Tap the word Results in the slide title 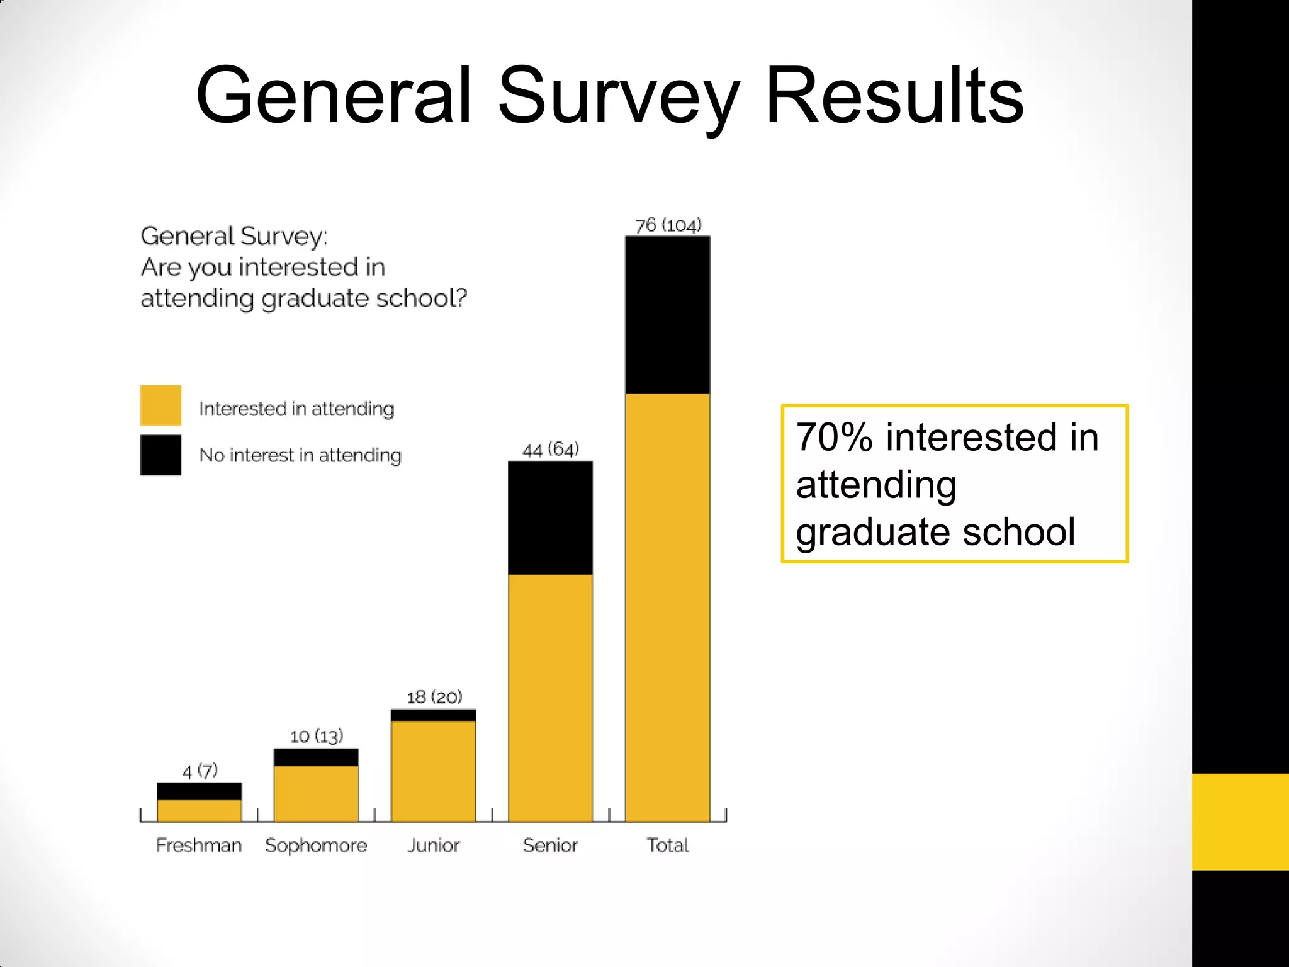[894, 98]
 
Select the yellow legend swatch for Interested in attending [160, 405]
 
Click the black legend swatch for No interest [160, 455]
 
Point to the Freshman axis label [199, 845]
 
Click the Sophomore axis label [316, 845]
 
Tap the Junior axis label [433, 845]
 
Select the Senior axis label [550, 845]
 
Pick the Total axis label [668, 845]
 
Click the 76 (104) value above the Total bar [668, 225]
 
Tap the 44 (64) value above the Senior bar [550, 450]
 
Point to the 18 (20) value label [434, 697]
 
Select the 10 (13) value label [316, 736]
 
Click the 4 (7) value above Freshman [200, 771]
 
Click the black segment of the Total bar [668, 315]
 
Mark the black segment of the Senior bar [550, 517]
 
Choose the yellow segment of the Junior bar [433, 771]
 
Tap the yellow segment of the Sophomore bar [316, 793]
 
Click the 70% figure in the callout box [834, 438]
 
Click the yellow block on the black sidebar [1240, 822]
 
